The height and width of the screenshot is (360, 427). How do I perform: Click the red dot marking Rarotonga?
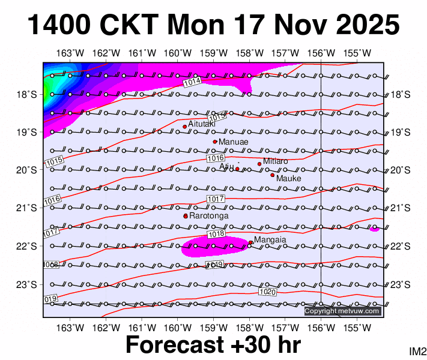click(186, 216)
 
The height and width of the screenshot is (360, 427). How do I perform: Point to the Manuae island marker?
click(215, 142)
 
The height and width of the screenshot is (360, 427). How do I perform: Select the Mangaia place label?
click(270, 239)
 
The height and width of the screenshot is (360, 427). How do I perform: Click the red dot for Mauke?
click(272, 175)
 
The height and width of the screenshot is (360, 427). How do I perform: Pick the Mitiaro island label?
click(276, 161)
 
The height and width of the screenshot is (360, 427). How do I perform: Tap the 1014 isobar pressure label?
click(192, 81)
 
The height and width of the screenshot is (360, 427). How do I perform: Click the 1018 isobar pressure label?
click(216, 234)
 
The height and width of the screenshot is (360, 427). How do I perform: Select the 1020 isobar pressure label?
click(268, 292)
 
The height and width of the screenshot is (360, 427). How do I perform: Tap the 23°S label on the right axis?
click(401, 284)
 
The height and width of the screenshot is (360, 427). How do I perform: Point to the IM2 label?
click(417, 351)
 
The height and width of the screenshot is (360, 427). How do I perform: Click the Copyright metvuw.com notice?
click(342, 311)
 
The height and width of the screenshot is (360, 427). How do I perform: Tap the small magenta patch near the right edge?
click(374, 229)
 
